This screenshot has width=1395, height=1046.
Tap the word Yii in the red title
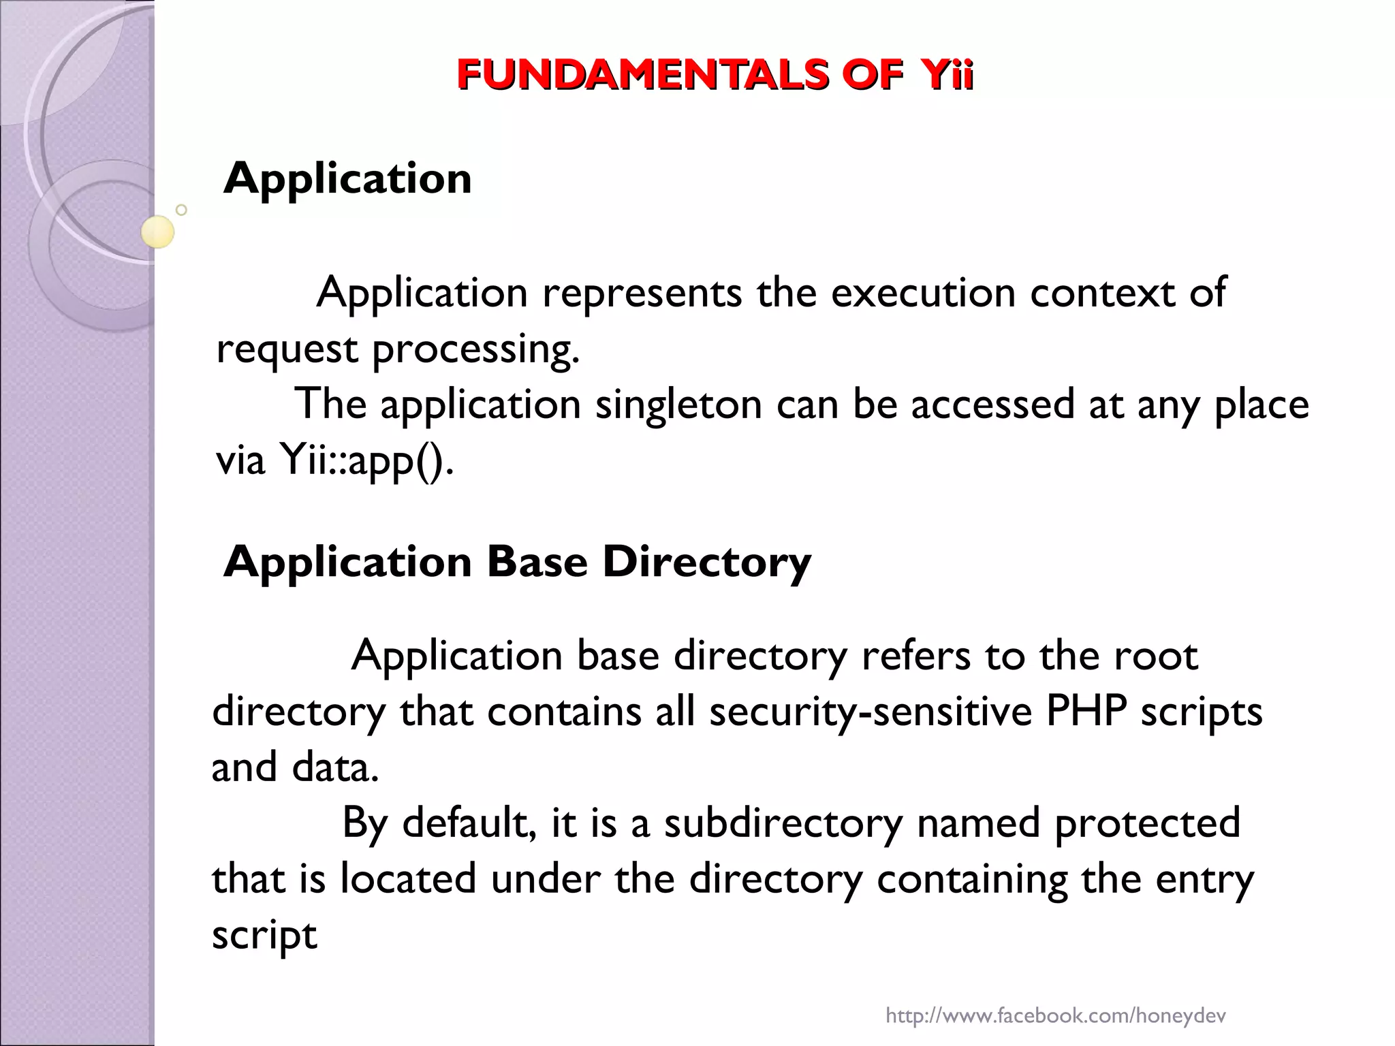943,75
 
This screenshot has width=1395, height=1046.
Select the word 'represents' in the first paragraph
642,294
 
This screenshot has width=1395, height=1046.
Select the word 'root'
1155,656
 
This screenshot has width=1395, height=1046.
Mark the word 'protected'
1147,823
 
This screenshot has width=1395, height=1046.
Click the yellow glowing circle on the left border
158,232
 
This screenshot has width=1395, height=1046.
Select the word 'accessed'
992,405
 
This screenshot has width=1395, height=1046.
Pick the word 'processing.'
475,351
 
